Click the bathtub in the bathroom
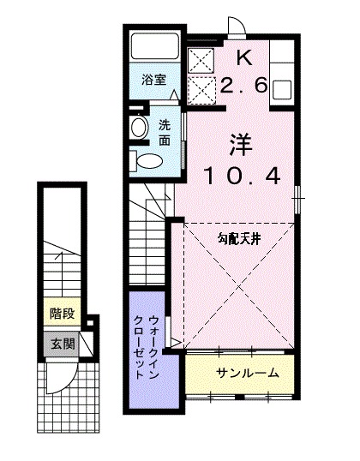[x=157, y=48]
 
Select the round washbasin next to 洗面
[x=141, y=127]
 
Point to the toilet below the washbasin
[x=147, y=159]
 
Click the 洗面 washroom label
[x=165, y=130]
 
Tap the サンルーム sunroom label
[x=247, y=373]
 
